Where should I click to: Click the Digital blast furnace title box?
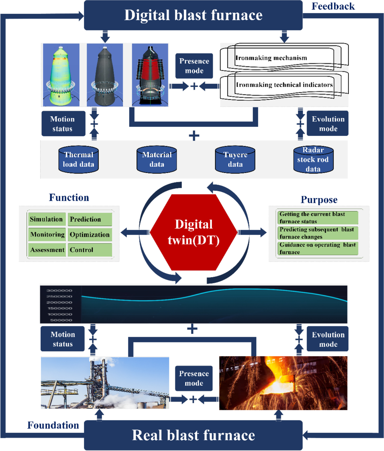tap(193, 15)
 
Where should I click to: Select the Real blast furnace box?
tap(193, 435)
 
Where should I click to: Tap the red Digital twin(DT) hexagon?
tap(194, 232)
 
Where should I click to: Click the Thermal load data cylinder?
tap(78, 159)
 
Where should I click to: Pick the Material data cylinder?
tap(157, 159)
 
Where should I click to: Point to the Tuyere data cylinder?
tap(235, 159)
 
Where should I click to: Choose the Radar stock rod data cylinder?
tap(313, 159)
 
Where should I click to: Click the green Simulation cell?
tap(46, 219)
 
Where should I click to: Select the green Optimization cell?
tap(90, 235)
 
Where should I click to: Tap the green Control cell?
tap(90, 250)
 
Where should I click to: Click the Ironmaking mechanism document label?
tap(271, 58)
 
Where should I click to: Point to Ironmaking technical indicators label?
tap(284, 85)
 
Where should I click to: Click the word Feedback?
tap(333, 6)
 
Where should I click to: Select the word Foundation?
tap(53, 425)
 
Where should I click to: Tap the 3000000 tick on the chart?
tap(60, 291)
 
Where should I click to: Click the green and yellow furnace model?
tap(61, 75)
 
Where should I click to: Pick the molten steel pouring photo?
tap(283, 383)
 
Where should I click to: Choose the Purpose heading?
tap(319, 200)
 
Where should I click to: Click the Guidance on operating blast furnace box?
tap(317, 248)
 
